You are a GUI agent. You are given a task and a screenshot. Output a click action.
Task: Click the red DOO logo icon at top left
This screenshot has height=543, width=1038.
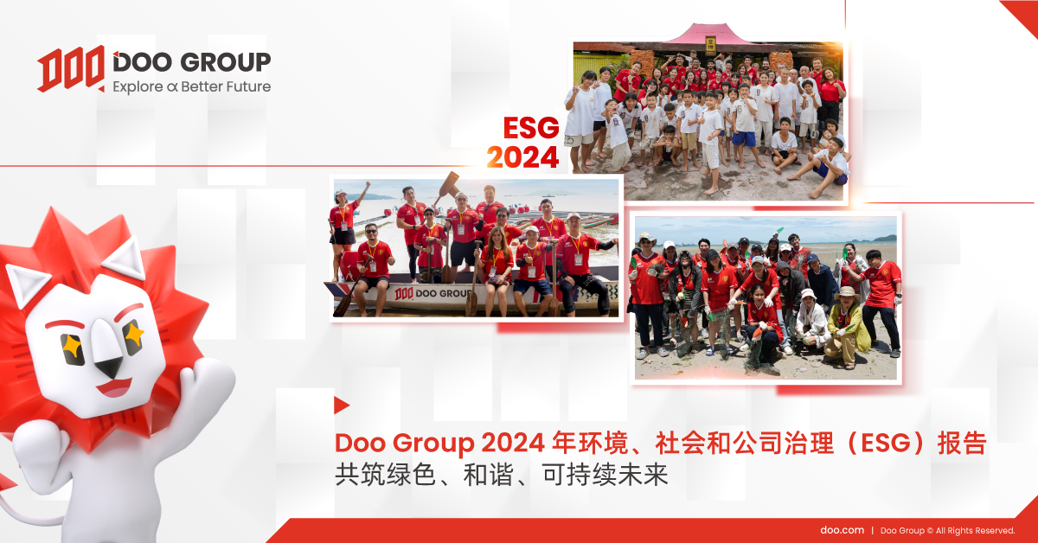[x=71, y=68]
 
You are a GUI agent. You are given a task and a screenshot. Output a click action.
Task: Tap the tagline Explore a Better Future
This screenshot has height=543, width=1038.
[x=192, y=86]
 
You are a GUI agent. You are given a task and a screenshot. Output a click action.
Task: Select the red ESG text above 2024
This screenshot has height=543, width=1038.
[x=531, y=128]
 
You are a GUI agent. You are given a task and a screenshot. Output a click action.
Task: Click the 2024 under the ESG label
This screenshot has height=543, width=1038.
[x=522, y=157]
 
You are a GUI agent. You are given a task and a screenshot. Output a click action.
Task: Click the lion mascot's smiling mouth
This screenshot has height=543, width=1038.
[x=114, y=387]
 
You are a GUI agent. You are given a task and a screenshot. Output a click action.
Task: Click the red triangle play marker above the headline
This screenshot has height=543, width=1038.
[x=341, y=406]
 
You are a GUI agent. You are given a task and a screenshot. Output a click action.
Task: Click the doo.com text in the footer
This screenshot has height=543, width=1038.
[x=842, y=530]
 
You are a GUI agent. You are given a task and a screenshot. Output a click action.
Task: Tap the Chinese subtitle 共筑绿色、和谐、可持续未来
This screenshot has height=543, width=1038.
[x=502, y=475]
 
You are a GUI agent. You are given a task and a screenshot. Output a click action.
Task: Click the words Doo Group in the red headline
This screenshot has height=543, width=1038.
[x=405, y=443]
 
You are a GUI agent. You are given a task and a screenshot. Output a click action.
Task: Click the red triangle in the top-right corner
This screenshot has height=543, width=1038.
[x=1022, y=16]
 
